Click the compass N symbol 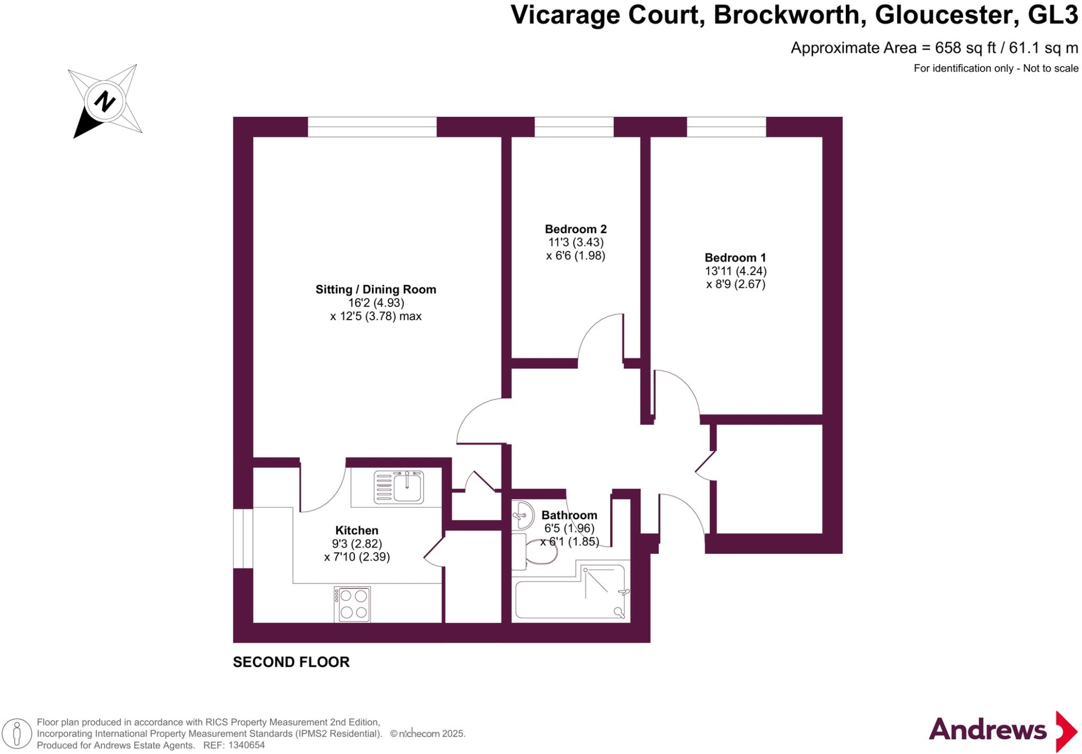pyautogui.click(x=105, y=101)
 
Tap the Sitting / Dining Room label pyautogui.click(x=376, y=290)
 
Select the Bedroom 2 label pyautogui.click(x=575, y=229)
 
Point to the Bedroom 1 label pyautogui.click(x=735, y=258)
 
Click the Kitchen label pyautogui.click(x=357, y=530)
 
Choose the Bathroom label pyautogui.click(x=569, y=515)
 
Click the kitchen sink pyautogui.click(x=399, y=487)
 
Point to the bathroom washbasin pyautogui.click(x=523, y=514)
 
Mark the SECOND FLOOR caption pyautogui.click(x=291, y=662)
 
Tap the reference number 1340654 pyautogui.click(x=246, y=746)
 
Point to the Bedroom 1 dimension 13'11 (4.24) pyautogui.click(x=735, y=271)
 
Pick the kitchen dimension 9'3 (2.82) pyautogui.click(x=357, y=544)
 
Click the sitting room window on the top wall pyautogui.click(x=372, y=127)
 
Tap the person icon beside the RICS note pyautogui.click(x=17, y=734)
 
